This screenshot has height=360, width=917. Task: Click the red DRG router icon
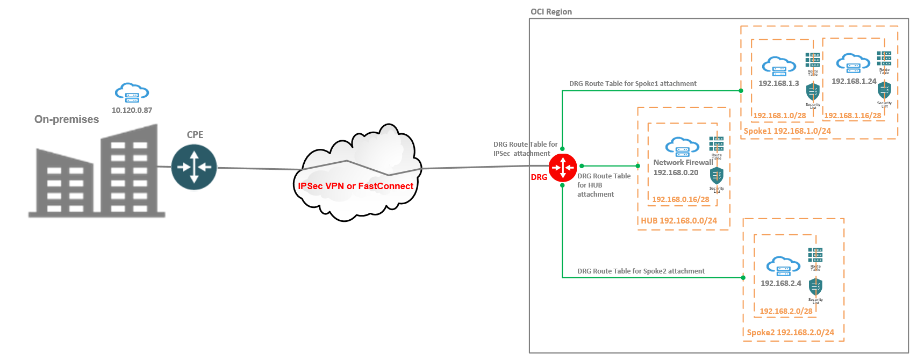562,167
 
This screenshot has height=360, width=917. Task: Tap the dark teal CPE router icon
194,167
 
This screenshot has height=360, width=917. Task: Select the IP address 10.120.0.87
132,110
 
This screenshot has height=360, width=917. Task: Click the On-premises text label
67,119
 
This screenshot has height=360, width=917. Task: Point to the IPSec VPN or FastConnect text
355,186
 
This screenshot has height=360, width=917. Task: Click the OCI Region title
551,12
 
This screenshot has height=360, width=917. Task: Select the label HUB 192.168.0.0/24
678,221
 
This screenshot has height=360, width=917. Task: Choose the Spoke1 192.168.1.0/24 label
787,131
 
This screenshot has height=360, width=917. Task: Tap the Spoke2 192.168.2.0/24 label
790,333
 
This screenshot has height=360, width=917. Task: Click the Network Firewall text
683,162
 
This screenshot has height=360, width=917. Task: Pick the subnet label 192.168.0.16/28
680,199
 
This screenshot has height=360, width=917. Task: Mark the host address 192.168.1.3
778,83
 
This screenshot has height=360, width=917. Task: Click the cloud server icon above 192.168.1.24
853,63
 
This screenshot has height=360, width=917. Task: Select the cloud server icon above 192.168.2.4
783,266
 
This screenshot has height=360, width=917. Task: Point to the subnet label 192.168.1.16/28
852,116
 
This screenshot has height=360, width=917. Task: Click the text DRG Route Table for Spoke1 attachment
633,84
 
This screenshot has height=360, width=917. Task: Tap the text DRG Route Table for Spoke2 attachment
641,271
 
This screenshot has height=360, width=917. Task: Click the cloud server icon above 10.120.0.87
132,92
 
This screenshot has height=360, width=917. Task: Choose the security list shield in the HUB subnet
717,176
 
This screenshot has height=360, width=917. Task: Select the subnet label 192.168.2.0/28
786,311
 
